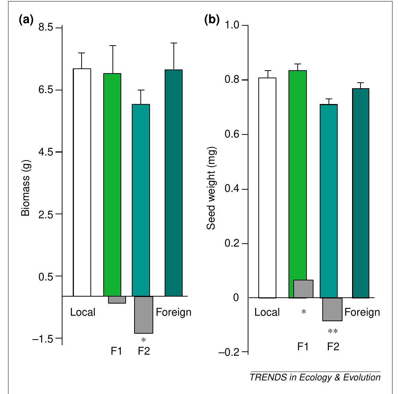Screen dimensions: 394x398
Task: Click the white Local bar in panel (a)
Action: [x=82, y=182]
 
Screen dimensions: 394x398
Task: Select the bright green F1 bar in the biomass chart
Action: [x=112, y=184]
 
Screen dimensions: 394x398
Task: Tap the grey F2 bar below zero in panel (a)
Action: [x=143, y=315]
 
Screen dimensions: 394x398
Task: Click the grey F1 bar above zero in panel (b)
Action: [x=304, y=289]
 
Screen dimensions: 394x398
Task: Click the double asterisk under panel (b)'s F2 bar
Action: [x=333, y=332]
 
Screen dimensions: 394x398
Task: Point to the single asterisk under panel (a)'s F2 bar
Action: [x=144, y=340]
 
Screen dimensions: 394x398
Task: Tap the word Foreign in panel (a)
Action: [x=174, y=312]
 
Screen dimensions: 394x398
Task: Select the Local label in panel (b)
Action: [x=267, y=312]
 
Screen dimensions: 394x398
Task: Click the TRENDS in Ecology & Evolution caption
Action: [x=315, y=378]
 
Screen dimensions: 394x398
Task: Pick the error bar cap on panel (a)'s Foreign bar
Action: [x=174, y=43]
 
